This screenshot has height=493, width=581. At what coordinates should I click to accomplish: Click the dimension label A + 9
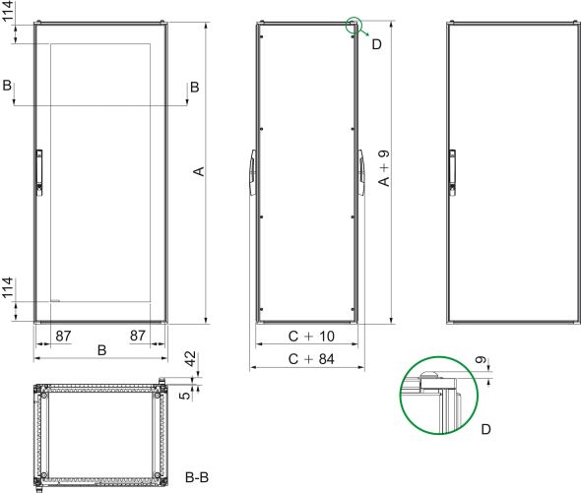point(383,169)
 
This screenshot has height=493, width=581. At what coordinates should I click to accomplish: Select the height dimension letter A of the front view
point(197,172)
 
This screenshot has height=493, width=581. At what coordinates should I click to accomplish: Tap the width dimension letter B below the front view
point(102,350)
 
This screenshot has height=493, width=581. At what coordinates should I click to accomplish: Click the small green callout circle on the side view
point(355,25)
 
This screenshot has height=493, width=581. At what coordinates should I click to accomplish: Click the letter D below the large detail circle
point(484,430)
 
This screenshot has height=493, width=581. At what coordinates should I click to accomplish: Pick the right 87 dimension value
point(139,336)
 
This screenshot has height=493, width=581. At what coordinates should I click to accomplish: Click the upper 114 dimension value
point(8,14)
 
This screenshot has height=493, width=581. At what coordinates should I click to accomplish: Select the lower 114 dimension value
point(8,288)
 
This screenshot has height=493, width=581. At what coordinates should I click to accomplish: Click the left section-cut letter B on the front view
point(8,88)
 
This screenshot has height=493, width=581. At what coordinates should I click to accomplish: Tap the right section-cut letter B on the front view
point(194,88)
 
